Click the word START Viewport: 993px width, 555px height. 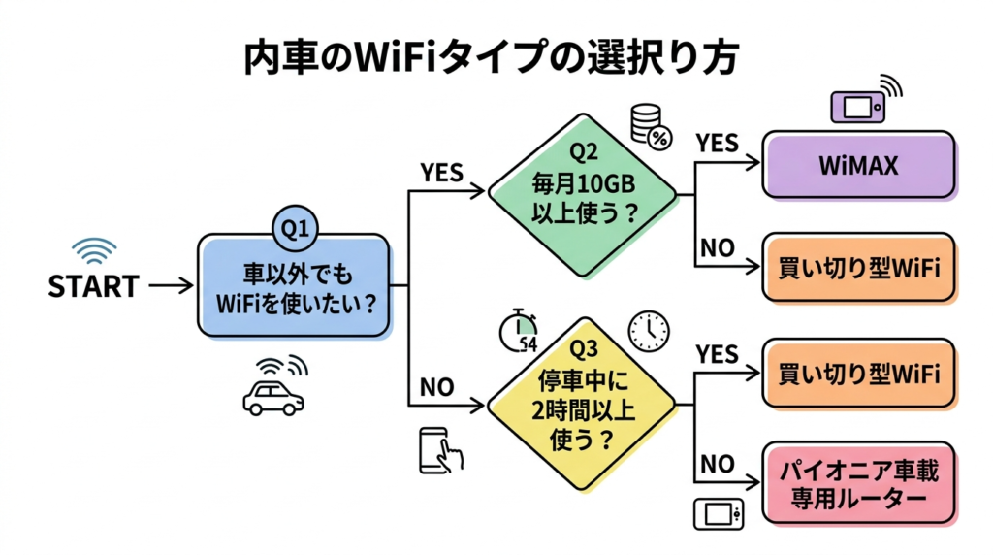click(x=93, y=286)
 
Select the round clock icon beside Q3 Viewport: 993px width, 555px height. click(x=648, y=331)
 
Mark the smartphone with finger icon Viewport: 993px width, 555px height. click(x=439, y=449)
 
